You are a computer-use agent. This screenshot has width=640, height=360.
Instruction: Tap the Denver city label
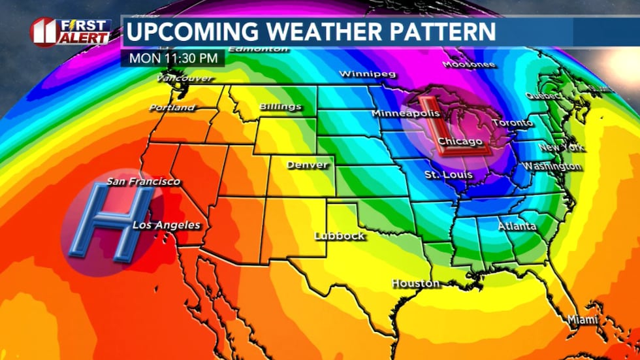click(x=307, y=165)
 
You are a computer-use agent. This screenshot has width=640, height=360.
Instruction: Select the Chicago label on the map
click(x=460, y=142)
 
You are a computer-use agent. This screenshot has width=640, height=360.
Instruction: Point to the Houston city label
click(x=415, y=284)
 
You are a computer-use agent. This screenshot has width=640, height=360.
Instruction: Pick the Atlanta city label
click(x=517, y=226)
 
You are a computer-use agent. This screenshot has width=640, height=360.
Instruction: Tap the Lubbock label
click(x=339, y=236)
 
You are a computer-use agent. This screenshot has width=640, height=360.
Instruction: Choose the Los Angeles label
click(x=167, y=225)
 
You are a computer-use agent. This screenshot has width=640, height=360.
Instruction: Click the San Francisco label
click(x=143, y=181)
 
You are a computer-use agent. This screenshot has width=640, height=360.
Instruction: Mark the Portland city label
click(x=172, y=107)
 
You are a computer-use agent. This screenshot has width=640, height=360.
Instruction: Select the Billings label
click(x=280, y=106)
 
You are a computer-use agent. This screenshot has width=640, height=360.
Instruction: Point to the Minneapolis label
click(x=405, y=114)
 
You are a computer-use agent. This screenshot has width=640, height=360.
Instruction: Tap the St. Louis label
click(x=448, y=174)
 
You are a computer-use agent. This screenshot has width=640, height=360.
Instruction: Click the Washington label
click(x=551, y=167)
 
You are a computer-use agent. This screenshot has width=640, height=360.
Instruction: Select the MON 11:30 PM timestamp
click(x=173, y=57)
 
